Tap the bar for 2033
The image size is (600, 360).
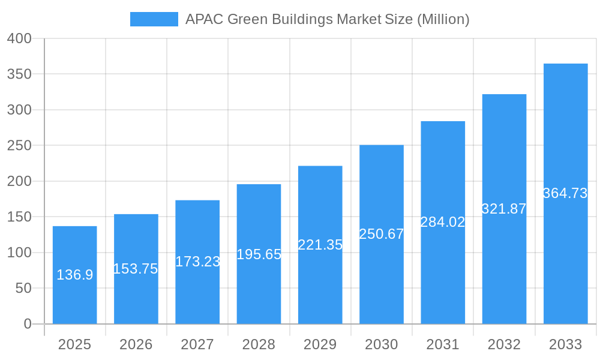point(565,132)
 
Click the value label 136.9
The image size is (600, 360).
point(75,275)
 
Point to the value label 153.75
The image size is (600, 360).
point(136,269)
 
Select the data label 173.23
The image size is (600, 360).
point(197,262)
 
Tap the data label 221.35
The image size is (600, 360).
point(320,245)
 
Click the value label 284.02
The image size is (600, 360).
point(443,222)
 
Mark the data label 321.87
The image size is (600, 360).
point(504,209)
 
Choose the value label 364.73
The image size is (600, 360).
point(565,193)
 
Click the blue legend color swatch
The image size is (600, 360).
point(154,19)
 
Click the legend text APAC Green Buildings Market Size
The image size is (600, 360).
point(327,19)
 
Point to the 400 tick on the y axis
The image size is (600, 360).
point(19,38)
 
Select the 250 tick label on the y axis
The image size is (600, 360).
point(19,146)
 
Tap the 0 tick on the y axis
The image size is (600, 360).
point(28,324)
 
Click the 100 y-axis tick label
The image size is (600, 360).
point(19,253)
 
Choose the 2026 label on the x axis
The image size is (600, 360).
point(136,344)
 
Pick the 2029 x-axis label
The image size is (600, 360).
point(320,344)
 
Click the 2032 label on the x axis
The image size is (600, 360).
point(504,344)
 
